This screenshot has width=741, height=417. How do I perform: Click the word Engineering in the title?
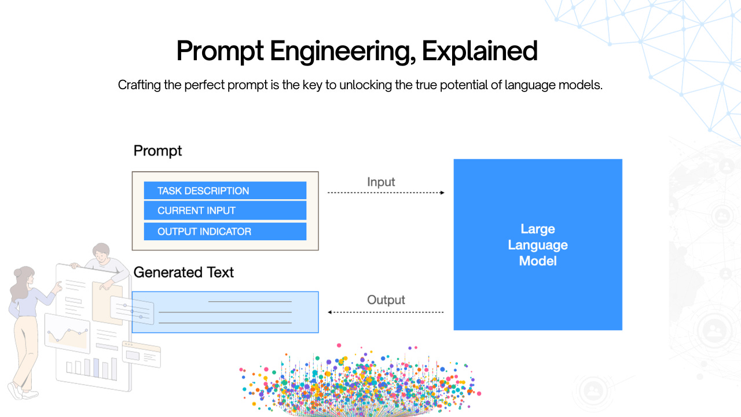pyautogui.click(x=341, y=51)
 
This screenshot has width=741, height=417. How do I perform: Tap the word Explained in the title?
pyautogui.click(x=479, y=51)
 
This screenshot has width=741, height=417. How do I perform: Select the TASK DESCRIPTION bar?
pyautogui.click(x=225, y=191)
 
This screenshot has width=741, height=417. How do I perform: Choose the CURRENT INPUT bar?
pyautogui.click(x=225, y=211)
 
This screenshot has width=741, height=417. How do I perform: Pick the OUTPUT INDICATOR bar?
pyautogui.click(x=225, y=232)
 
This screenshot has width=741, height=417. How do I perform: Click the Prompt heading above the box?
pyautogui.click(x=157, y=151)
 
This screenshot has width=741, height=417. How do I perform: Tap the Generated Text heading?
pyautogui.click(x=184, y=272)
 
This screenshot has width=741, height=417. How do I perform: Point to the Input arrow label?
pyautogui.click(x=381, y=182)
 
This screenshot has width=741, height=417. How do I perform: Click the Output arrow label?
pyautogui.click(x=386, y=300)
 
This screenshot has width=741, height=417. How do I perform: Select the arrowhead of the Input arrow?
pyautogui.click(x=442, y=192)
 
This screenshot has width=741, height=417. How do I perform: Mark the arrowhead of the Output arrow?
pyautogui.click(x=330, y=312)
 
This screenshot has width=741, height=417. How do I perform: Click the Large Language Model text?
pyautogui.click(x=537, y=245)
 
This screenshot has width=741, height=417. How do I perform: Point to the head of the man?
pyautogui.click(x=101, y=251)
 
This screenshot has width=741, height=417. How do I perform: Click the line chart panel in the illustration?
pyautogui.click(x=67, y=335)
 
